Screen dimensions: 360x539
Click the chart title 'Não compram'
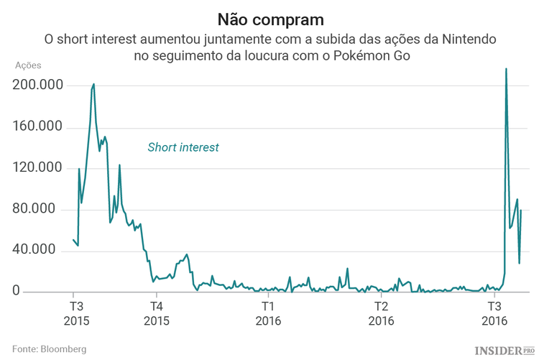pos(269,17)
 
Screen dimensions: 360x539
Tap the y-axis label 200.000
pos(38,86)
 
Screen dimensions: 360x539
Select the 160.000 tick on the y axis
pos(38,127)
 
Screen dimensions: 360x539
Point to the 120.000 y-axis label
pos(38,168)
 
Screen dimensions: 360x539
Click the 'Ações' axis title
pos(28,65)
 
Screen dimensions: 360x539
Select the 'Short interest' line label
pos(183,147)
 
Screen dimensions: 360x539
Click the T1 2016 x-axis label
pos(267,312)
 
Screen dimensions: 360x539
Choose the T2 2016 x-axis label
pos(380,312)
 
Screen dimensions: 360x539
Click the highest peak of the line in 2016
pos(506,70)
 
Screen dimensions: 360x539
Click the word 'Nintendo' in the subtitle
pos(466,37)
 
